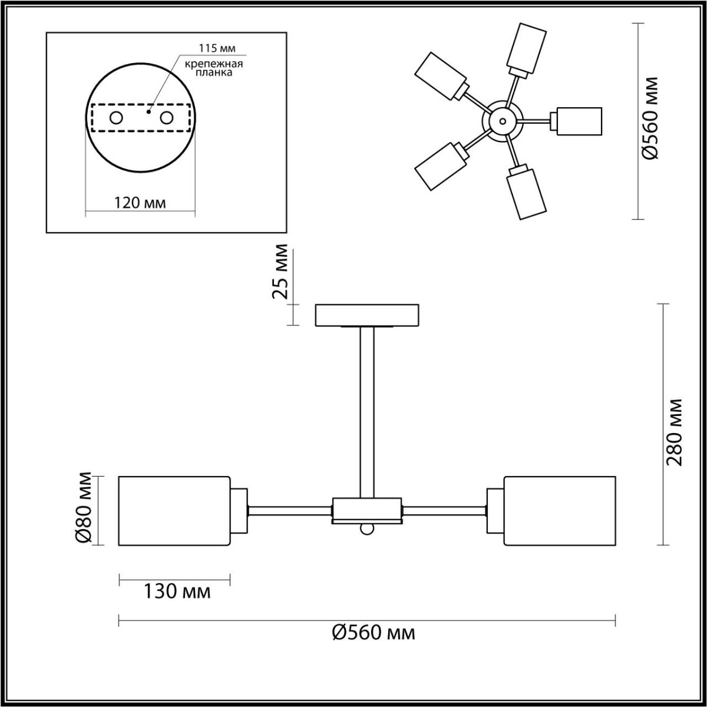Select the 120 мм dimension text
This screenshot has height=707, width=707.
(x=140, y=203)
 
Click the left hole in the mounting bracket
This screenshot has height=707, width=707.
(x=116, y=118)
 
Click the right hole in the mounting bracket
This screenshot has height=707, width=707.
(x=167, y=118)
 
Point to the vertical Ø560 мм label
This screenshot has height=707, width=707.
(x=650, y=118)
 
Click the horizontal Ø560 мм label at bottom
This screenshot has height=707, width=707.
(x=374, y=633)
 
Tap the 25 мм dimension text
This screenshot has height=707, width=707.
(x=281, y=272)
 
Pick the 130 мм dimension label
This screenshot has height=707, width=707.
(x=177, y=591)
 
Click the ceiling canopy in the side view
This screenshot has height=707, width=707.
(x=367, y=315)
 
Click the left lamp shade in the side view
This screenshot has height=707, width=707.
(x=174, y=510)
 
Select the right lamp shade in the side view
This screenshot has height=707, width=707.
(x=559, y=510)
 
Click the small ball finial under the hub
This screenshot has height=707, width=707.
(x=367, y=530)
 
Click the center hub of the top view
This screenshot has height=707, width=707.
(x=502, y=120)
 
